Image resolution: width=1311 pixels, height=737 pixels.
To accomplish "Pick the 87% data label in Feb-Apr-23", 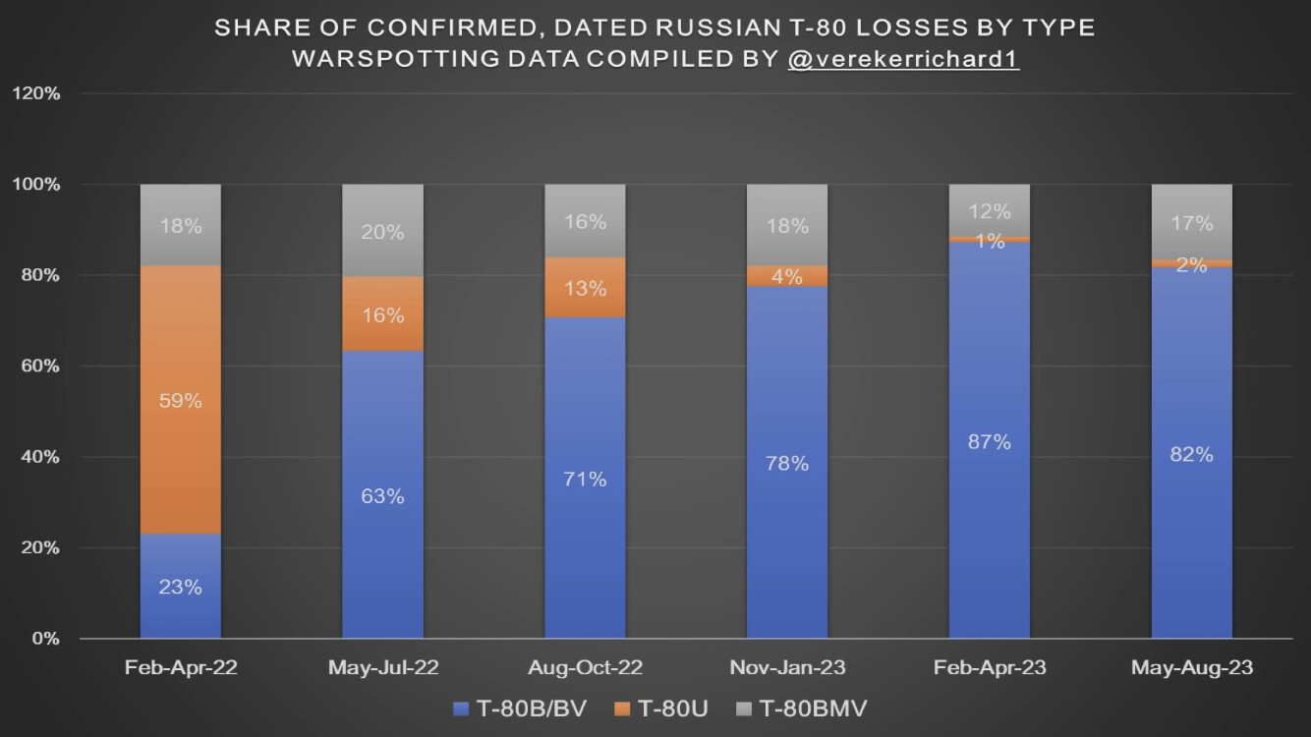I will click(x=989, y=442).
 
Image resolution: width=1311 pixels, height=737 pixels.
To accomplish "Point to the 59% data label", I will click(x=181, y=401).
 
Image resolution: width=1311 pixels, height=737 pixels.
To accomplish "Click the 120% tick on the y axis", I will click(x=38, y=93).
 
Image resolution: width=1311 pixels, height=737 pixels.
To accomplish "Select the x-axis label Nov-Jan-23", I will click(x=786, y=668).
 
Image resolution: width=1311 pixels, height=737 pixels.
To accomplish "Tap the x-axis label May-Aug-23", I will click(x=1191, y=668).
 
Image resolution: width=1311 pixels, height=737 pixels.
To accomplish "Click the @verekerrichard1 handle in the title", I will click(x=903, y=58).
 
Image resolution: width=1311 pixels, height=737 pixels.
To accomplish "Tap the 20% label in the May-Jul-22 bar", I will click(x=382, y=233).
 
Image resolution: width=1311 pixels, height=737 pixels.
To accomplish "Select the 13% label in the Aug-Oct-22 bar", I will click(x=585, y=289).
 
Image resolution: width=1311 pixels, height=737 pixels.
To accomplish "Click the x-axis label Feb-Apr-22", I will click(x=181, y=668).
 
